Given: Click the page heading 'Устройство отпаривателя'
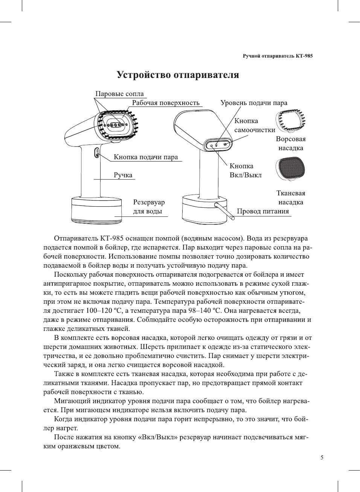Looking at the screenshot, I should click(178, 75).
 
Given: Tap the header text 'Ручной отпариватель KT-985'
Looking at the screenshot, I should click(278, 56).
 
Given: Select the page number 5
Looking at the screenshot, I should click(322, 457).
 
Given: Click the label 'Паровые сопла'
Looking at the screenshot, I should click(119, 94).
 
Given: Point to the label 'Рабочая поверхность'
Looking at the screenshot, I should click(166, 103).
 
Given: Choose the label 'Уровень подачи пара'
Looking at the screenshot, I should click(253, 103).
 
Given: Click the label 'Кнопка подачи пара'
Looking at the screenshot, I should click(146, 157).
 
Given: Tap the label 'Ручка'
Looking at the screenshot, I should click(123, 175).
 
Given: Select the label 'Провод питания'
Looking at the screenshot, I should click(263, 211).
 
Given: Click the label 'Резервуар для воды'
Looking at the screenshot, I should click(149, 207).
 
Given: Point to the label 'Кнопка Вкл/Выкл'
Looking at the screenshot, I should click(245, 171).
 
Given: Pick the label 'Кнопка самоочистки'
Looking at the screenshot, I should click(255, 125).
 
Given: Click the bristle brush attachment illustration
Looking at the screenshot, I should click(291, 121).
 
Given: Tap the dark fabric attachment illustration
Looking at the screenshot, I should click(290, 168).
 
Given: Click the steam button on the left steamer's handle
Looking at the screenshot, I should click(97, 153).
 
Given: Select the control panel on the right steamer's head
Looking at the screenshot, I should click(218, 145).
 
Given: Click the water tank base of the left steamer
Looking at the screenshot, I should click(96, 210).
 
